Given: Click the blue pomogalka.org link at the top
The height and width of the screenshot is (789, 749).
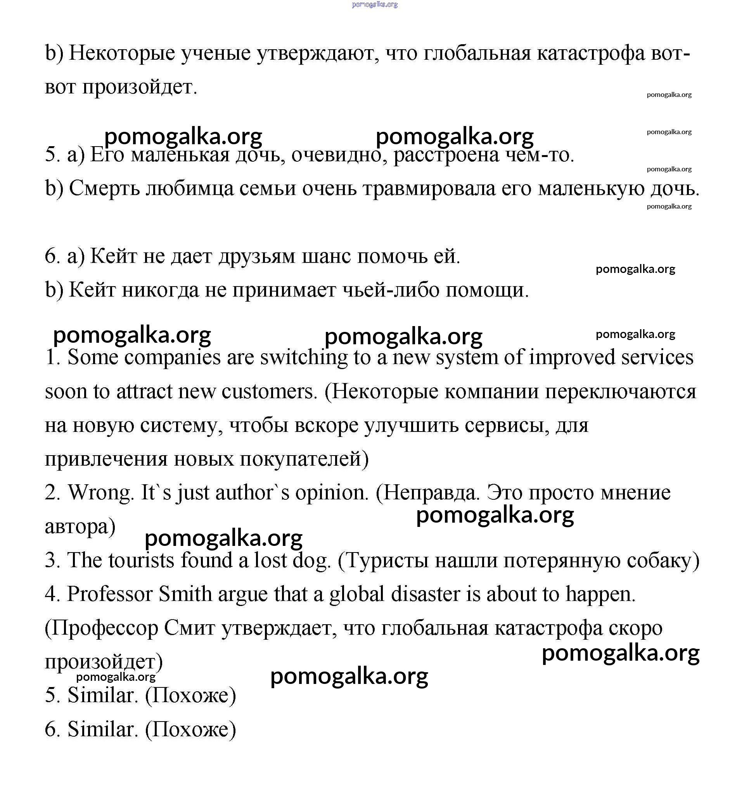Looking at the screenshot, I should click(375, 4).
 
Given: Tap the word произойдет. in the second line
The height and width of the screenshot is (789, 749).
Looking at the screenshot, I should click(140, 87).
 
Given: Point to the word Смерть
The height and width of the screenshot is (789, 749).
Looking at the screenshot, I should click(104, 189).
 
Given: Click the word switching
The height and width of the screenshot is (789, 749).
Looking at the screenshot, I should click(304, 357).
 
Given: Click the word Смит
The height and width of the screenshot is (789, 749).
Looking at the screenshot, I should click(189, 628).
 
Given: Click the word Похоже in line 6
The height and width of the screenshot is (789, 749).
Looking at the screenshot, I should click(190, 730).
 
